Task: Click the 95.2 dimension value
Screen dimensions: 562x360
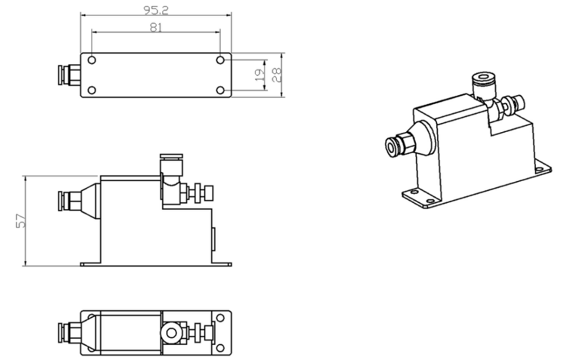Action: [156, 10]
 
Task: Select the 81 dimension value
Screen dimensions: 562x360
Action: [156, 27]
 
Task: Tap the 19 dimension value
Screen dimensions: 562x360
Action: [259, 75]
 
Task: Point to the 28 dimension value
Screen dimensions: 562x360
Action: [276, 75]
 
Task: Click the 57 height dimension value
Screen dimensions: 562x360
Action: [22, 221]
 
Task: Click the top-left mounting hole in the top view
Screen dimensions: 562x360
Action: [92, 60]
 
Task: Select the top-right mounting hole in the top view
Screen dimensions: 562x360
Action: [221, 60]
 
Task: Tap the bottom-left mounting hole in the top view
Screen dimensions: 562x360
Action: [92, 90]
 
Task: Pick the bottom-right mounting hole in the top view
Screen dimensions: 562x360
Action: [221, 90]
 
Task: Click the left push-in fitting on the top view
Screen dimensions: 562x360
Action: [69, 75]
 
